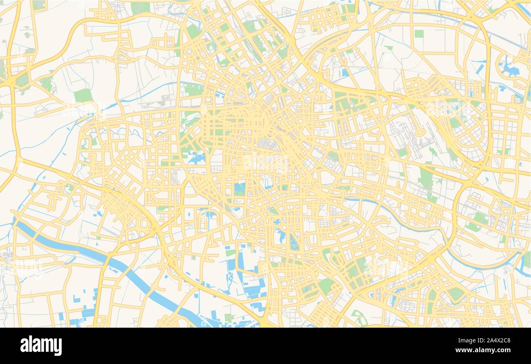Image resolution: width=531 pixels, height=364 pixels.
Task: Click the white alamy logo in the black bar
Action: pyautogui.click(x=41, y=345)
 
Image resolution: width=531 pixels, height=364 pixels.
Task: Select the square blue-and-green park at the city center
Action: pyautogui.click(x=239, y=189)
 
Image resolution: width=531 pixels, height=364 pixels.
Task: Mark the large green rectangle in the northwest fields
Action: pyautogui.click(x=83, y=95)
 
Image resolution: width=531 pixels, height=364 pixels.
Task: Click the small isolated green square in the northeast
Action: pyautogui.click(x=419, y=33)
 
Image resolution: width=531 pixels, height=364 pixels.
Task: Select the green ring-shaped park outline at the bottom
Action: pyautogui.click(x=358, y=317)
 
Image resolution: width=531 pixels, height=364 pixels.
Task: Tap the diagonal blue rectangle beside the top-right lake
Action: pyautogui.click(x=480, y=69)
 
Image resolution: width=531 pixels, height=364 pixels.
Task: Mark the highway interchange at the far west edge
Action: pyautogui.click(x=12, y=82)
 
